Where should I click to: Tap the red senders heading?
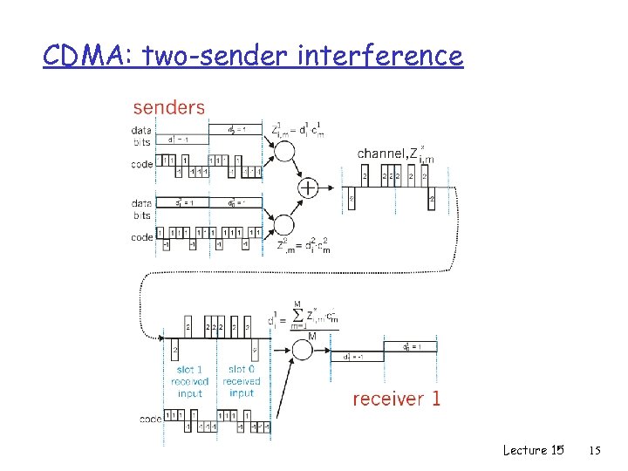coord(168,108)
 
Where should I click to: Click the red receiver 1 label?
coord(397,399)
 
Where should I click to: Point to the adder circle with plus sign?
coord(308,187)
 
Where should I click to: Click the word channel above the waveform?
coord(380,154)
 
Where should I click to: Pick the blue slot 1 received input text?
coord(189,381)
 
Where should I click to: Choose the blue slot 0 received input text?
coord(242,381)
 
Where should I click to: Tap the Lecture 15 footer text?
coord(532,450)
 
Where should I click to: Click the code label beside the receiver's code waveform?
coord(151,420)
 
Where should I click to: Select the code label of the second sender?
coord(141,237)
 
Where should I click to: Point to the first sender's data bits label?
coord(141,135)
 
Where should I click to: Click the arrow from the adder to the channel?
coord(336,187)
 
